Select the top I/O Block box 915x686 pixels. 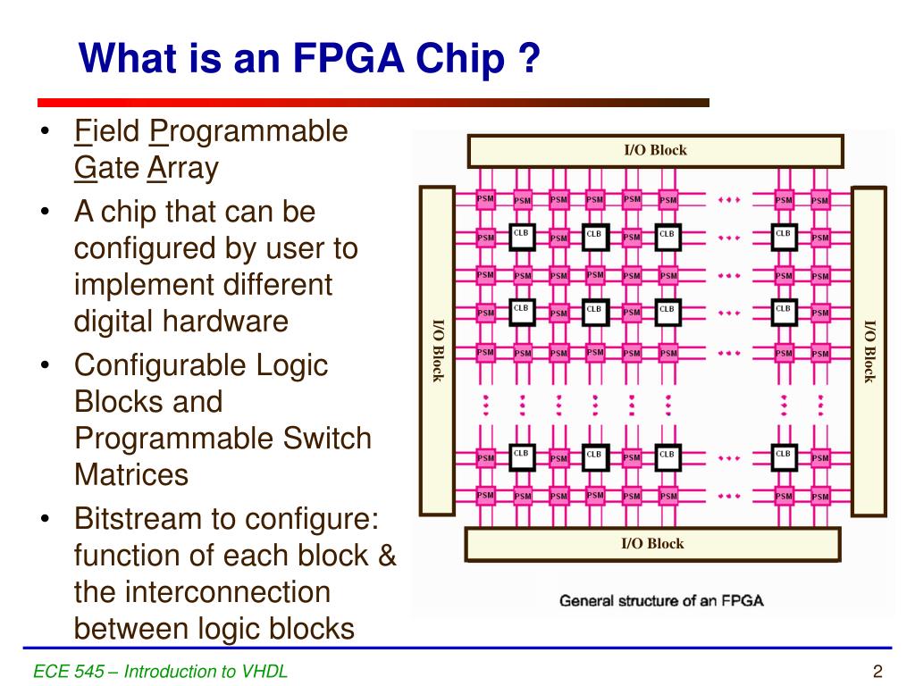tap(655, 150)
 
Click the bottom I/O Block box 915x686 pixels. tap(653, 543)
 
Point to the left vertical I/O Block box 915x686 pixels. tap(437, 350)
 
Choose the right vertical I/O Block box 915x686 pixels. tap(869, 350)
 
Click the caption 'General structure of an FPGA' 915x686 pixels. tap(661, 600)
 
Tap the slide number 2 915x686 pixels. tap(877, 672)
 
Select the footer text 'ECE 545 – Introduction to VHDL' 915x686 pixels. tap(161, 672)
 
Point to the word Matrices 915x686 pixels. tap(130, 473)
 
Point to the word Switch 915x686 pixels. tap(326, 438)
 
